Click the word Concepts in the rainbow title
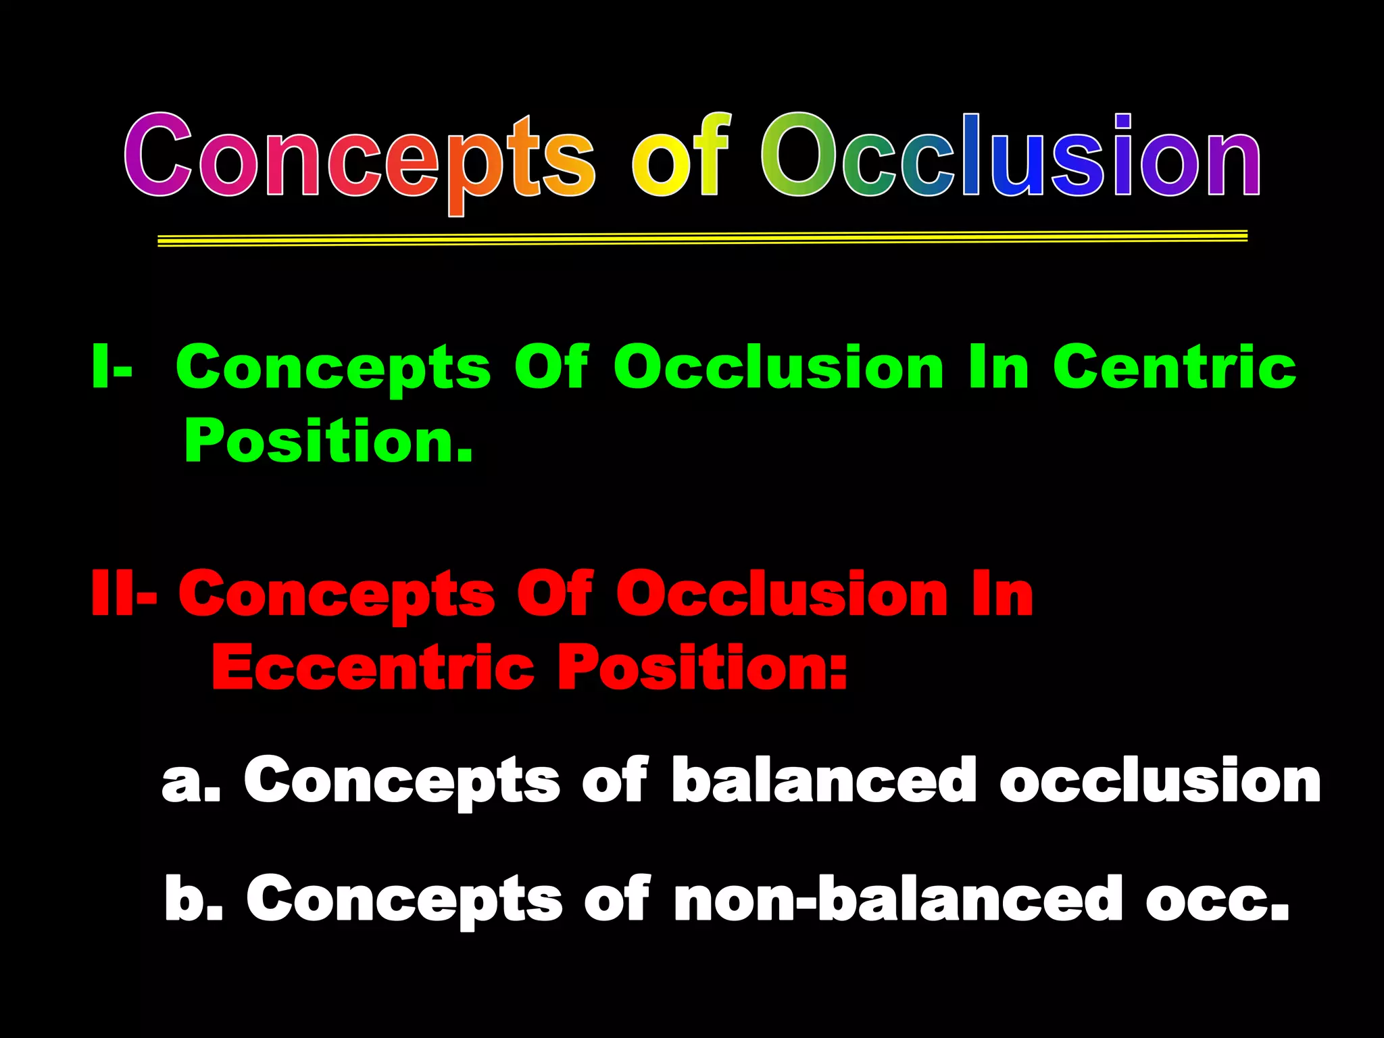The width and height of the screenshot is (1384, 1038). coord(358,159)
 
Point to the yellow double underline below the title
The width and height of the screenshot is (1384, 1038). coord(703,238)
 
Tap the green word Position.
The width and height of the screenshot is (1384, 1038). coord(328,441)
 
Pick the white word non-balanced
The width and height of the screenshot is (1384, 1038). coord(899,899)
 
